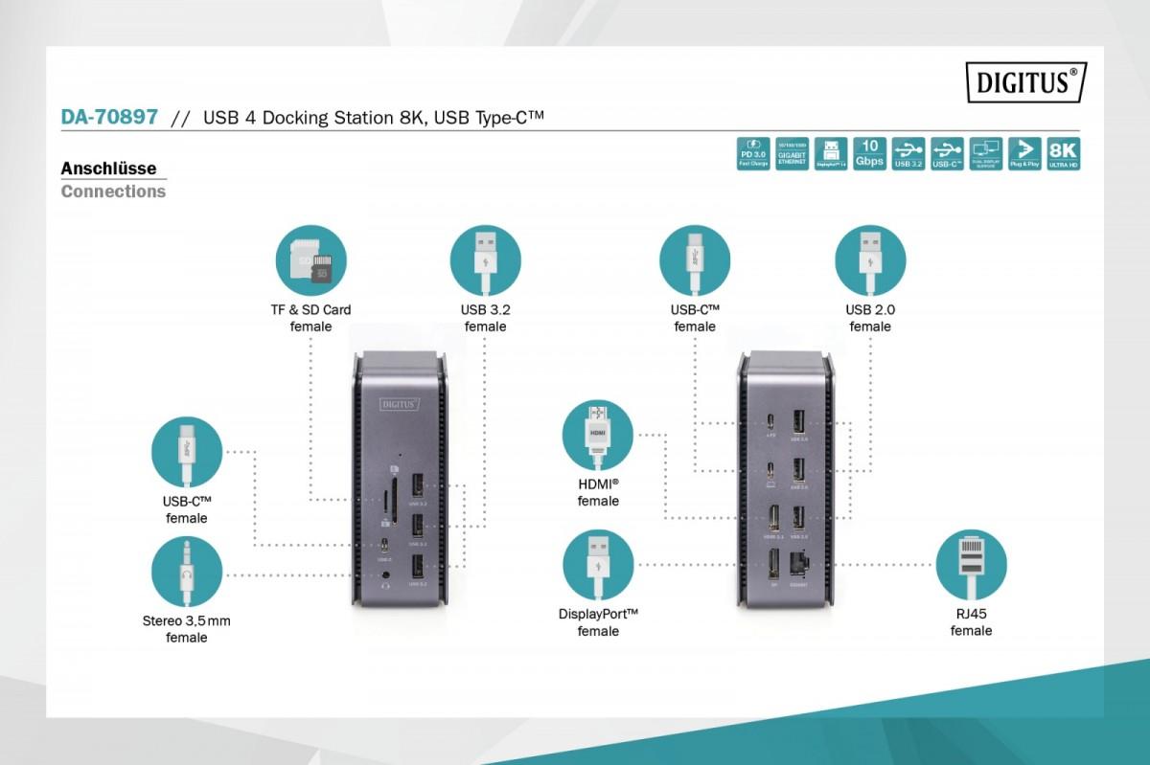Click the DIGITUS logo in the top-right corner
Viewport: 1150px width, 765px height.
1024,82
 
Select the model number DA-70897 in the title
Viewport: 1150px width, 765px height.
109,117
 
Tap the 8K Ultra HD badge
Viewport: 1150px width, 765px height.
1064,153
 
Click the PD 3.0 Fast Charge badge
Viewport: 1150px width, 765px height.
753,153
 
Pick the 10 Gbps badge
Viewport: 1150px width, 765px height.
869,153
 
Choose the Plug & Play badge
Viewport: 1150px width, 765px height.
1024,153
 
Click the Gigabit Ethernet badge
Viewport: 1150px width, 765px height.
792,153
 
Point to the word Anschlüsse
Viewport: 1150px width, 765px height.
108,169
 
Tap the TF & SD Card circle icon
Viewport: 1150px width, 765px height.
310,259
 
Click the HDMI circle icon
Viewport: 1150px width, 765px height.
598,435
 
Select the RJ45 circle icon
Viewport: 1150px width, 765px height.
971,565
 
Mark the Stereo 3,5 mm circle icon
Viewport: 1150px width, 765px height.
186,572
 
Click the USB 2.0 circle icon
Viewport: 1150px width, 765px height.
869,259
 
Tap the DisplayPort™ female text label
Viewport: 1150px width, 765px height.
598,622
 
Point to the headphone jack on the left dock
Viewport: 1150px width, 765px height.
386,576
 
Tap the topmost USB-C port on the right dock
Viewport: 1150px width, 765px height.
770,421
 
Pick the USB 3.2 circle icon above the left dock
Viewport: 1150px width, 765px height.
485,259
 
